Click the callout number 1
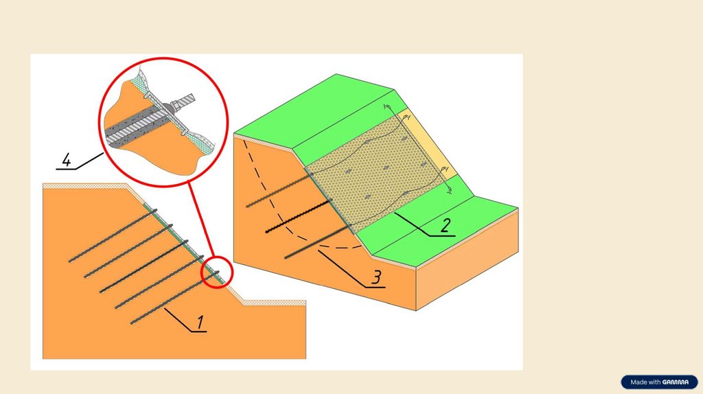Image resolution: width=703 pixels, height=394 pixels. coord(200,322)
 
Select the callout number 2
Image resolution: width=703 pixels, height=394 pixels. coord(445,225)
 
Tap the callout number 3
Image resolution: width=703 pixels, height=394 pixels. coord(377,277)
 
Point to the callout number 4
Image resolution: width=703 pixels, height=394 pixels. coord(67,160)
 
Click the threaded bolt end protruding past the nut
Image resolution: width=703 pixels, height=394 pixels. coord(187,100)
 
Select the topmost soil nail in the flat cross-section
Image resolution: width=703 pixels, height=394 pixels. coord(113,235)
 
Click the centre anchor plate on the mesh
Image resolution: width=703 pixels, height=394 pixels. coord(385,168)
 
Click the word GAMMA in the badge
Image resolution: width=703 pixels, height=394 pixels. coord(676,382)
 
